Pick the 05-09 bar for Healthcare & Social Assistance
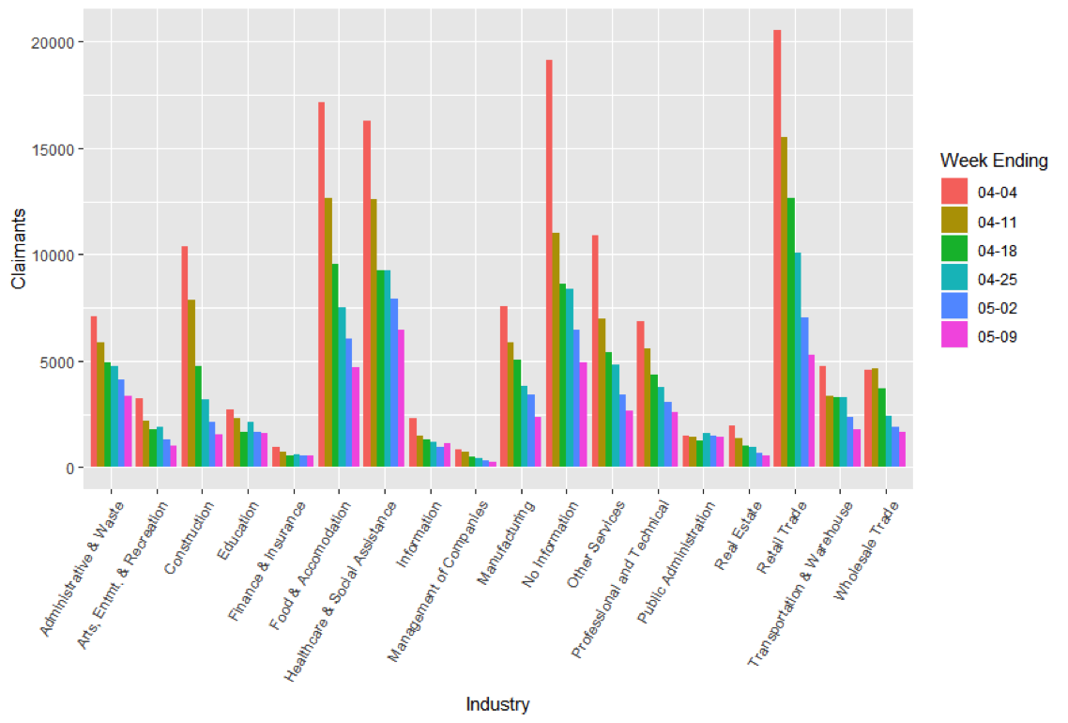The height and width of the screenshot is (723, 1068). pos(402,398)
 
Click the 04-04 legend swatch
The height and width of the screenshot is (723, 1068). pos(954,192)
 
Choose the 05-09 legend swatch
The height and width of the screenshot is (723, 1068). pos(954,336)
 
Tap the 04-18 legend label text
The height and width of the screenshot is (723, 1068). pos(997,251)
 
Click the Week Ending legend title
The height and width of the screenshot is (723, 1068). pos(994,161)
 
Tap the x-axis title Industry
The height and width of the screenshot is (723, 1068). pos(497,704)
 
